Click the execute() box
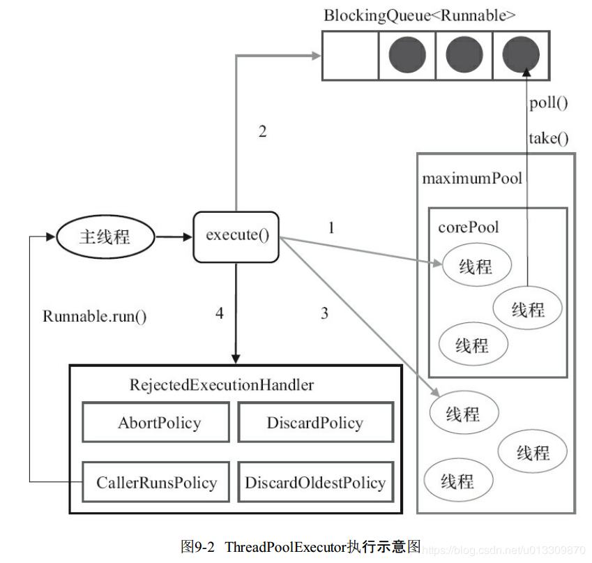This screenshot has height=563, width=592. tap(236, 237)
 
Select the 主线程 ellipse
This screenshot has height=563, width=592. tap(105, 237)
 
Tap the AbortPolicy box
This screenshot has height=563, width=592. tap(155, 423)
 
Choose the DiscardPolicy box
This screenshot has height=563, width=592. tap(315, 423)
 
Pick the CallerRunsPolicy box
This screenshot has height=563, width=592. tap(155, 482)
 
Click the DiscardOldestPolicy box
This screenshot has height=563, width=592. tap(315, 482)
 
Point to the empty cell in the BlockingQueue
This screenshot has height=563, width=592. tap(349, 55)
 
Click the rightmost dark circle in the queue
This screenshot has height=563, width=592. tap(521, 55)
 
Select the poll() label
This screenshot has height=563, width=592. tap(549, 103)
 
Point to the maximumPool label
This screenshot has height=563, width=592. tap(471, 179)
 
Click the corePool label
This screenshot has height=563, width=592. tap(468, 227)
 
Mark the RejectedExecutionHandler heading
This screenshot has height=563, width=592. tap(222, 385)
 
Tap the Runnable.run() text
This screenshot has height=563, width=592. tap(95, 315)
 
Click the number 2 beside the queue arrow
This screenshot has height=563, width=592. tap(262, 131)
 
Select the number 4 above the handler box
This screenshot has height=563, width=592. tap(219, 313)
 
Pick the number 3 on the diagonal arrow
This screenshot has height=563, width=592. tap(324, 313)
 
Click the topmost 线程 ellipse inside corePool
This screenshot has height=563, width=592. tap(476, 266)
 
